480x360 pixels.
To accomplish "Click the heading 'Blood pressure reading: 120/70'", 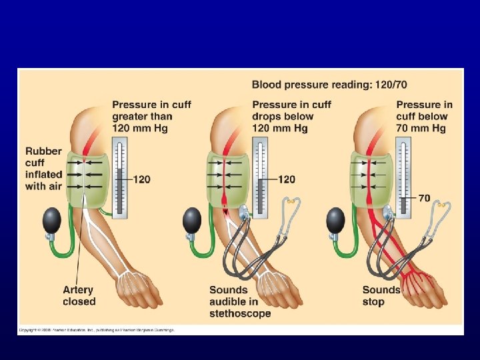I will (329, 85).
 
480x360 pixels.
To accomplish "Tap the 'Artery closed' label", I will (79, 295).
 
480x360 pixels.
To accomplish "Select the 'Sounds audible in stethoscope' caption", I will (240, 301).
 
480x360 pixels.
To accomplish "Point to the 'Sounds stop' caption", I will (381, 295).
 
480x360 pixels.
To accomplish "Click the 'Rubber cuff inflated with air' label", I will (44, 169).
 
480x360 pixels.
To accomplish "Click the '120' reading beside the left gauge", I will (141, 179).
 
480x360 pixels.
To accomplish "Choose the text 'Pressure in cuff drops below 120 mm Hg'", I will (291, 116).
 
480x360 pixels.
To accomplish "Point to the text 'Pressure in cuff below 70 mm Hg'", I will (424, 116).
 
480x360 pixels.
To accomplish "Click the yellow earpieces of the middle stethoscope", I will (291, 201).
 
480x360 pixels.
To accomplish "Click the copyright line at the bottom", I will (96, 330).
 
